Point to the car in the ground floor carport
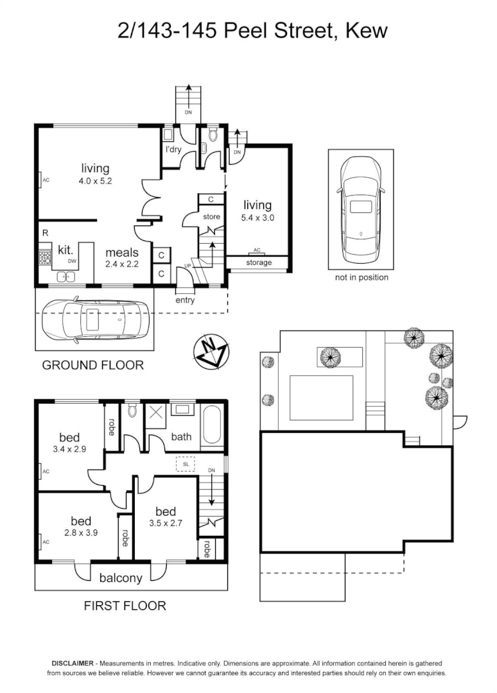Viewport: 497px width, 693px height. (x=95, y=319)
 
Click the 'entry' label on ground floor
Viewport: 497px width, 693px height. (x=185, y=300)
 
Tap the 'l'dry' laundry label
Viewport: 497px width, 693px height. (x=173, y=150)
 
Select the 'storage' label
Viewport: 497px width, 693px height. (x=259, y=262)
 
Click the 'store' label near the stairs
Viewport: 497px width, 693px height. (x=212, y=217)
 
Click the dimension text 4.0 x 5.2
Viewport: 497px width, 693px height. (x=95, y=182)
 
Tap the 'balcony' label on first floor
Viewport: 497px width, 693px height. (x=121, y=578)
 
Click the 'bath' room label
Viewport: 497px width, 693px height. (x=181, y=437)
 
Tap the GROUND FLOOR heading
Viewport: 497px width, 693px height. (x=92, y=365)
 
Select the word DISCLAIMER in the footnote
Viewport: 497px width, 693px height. (x=72, y=663)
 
